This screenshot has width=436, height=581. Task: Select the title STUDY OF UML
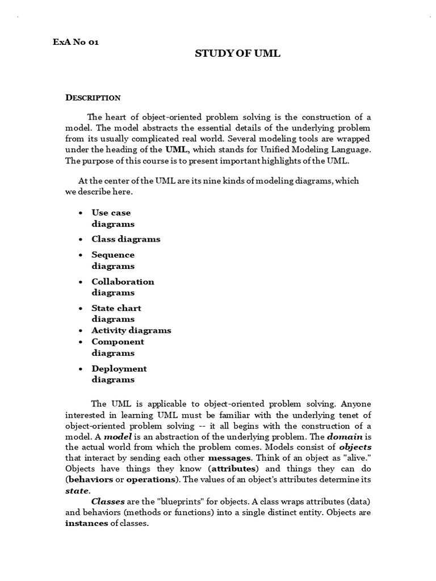(238, 54)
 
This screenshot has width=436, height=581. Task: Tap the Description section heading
(93, 98)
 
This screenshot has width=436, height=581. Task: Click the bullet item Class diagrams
(126, 239)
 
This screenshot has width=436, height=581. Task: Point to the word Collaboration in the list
(123, 281)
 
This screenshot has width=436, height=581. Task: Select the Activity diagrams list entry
(131, 330)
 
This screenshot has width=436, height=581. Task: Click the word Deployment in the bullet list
(119, 368)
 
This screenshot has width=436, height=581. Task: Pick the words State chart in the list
(116, 308)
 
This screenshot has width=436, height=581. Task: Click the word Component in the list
(118, 342)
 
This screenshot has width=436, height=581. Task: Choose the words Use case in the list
(111, 213)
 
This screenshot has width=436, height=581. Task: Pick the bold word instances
(87, 524)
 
